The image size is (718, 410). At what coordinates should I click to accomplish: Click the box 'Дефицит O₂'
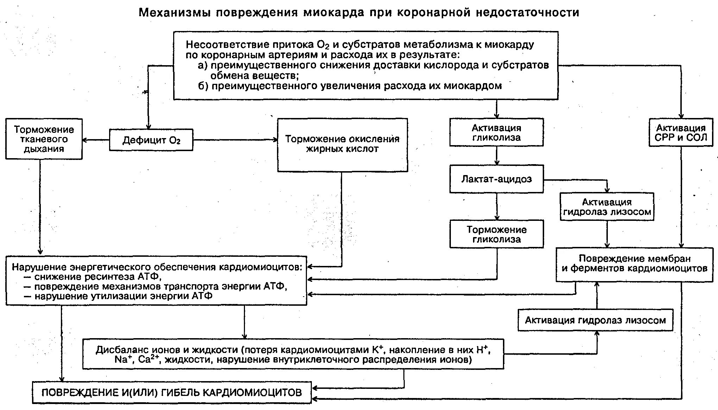[151, 140]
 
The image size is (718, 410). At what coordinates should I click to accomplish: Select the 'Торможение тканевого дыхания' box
[44, 139]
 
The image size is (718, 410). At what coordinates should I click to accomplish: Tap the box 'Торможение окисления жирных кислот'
[342, 145]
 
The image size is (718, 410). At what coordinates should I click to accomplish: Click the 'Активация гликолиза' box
[496, 132]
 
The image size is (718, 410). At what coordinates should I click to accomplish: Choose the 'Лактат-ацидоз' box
[496, 179]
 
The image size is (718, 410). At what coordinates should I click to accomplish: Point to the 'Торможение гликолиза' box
[496, 234]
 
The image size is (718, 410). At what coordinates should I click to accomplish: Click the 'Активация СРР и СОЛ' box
[680, 133]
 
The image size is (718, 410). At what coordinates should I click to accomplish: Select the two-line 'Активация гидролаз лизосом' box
[607, 207]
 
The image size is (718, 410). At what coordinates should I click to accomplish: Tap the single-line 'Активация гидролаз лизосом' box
[595, 320]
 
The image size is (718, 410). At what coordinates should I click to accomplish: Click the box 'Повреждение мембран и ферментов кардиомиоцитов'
[634, 264]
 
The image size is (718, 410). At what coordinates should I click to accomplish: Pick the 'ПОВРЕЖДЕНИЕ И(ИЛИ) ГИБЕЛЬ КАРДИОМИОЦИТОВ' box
[172, 392]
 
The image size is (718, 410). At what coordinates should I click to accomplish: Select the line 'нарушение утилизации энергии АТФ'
[123, 296]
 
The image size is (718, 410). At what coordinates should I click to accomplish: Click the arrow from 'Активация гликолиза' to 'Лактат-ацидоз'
[497, 155]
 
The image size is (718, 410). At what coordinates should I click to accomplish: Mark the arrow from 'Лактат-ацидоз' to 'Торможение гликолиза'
[497, 206]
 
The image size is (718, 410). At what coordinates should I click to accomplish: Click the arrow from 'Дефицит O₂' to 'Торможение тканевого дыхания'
[96, 140]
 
